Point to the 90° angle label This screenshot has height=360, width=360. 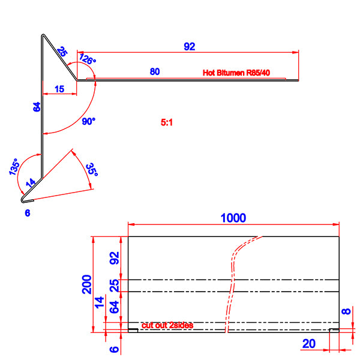[x=89, y=121]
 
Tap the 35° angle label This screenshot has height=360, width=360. [x=91, y=169]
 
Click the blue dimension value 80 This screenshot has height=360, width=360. [x=154, y=72]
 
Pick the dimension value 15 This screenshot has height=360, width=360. [x=59, y=89]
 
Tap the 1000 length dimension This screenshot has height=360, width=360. [x=233, y=218]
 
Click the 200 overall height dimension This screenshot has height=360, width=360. [x=86, y=284]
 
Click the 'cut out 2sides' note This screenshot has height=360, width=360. [x=167, y=325]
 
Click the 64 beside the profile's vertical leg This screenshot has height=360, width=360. [x=37, y=108]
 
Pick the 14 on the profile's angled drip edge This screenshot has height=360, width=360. [x=31, y=183]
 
